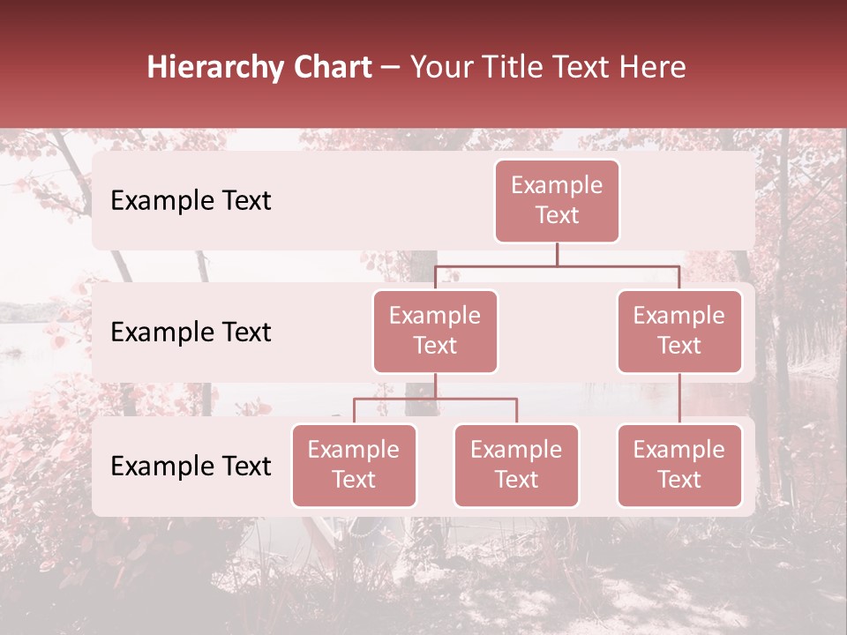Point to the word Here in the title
pos(652,68)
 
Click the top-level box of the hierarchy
pos(557,201)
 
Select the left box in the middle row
pos(435,331)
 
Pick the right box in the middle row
pos(679,331)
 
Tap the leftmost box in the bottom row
pos(354,465)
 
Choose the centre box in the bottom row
pos(516,465)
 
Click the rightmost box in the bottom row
pos(679,465)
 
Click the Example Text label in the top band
pos(191,201)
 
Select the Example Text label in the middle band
pos(191,332)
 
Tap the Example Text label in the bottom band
pos(191,467)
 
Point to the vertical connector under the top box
pos(557,254)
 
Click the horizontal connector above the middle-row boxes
pos(557,265)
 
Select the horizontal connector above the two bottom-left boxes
pos(435,399)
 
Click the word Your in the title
pos(438,68)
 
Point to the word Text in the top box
pos(557,215)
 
